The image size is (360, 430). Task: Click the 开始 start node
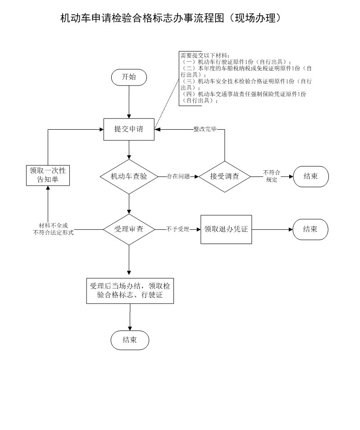129,77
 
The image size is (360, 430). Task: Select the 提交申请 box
129,129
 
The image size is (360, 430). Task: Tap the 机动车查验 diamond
129,177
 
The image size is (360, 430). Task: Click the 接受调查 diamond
224,177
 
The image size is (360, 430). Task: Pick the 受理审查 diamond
129,229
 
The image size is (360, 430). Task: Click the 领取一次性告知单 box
48,176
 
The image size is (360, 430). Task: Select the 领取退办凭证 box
226,229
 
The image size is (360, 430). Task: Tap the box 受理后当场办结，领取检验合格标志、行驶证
129,291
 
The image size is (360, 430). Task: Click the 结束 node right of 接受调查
310,176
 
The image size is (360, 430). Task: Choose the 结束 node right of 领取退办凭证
310,229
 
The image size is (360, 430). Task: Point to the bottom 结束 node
129,340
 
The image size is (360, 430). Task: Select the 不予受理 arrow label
178,229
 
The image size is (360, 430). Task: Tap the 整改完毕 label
205,129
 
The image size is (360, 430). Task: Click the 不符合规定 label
272,176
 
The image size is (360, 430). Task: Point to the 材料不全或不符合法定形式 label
53,229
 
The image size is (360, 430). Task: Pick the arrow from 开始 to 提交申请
129,101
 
